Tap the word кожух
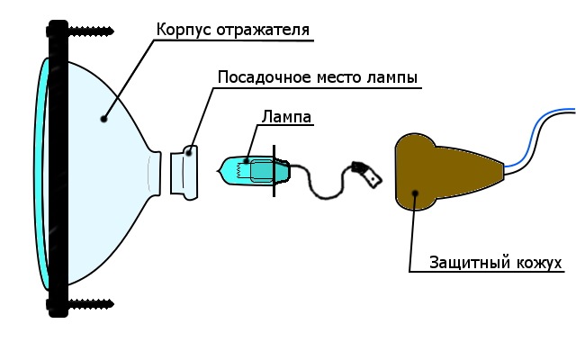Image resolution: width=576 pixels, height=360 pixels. tap(538, 263)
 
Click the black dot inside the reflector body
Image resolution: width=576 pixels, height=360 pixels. tap(104, 117)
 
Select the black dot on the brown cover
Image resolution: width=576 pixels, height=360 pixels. tap(415, 191)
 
